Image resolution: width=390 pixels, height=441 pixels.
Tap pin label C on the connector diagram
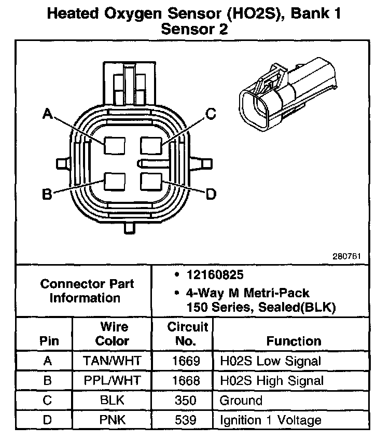pyautogui.click(x=210, y=114)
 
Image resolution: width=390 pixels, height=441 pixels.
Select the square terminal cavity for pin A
pyautogui.click(x=114, y=145)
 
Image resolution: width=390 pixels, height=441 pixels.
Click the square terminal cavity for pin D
pyautogui.click(x=151, y=182)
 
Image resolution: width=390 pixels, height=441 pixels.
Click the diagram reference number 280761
pyautogui.click(x=346, y=256)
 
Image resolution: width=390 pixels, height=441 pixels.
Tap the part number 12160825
pyautogui.click(x=216, y=274)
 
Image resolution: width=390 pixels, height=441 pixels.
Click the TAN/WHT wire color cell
pyautogui.click(x=113, y=361)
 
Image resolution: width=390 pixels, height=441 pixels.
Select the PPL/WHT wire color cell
pyautogui.click(x=113, y=380)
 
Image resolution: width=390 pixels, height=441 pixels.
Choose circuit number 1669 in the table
pyautogui.click(x=183, y=361)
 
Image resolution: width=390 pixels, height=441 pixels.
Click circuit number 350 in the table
pyautogui.click(x=183, y=400)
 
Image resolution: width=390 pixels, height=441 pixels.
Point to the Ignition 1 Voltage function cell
pyautogui.click(x=271, y=420)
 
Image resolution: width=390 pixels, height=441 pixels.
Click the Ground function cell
pyautogui.click(x=242, y=400)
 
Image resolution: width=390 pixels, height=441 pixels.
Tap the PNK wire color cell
pyautogui.click(x=113, y=420)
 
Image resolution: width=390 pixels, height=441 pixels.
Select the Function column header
pyautogui.click(x=294, y=341)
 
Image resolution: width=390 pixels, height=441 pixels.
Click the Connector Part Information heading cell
pyautogui.click(x=87, y=291)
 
